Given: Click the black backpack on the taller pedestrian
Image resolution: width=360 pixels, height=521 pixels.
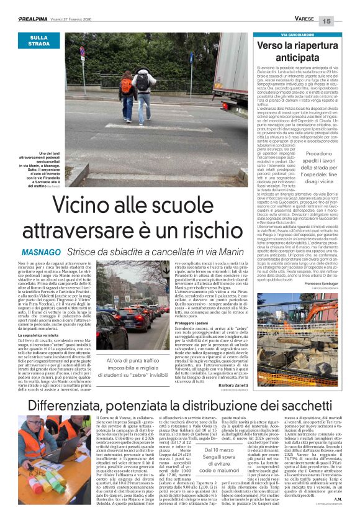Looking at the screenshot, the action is coord(143,81).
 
